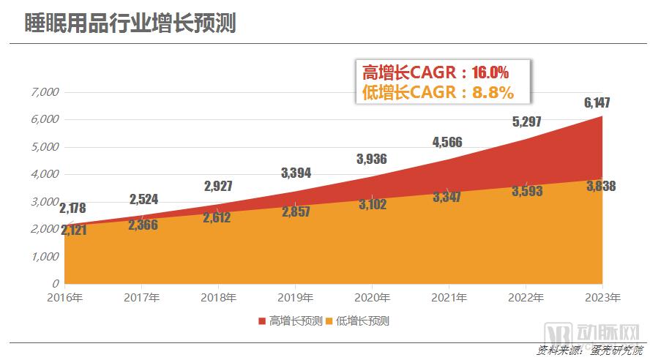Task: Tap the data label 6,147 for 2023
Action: [x=597, y=103]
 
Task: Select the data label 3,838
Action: [x=600, y=187]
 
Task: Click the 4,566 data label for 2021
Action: [x=447, y=142]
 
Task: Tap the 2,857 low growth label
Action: [x=294, y=211]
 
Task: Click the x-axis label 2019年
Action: [x=295, y=298]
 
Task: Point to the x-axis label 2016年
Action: [x=64, y=298]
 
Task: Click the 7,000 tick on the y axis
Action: [x=45, y=92]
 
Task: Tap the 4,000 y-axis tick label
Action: [x=45, y=174]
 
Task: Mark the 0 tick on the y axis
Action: [x=55, y=283]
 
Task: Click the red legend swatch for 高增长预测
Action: [x=262, y=321]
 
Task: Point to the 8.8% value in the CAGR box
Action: [x=493, y=92]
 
